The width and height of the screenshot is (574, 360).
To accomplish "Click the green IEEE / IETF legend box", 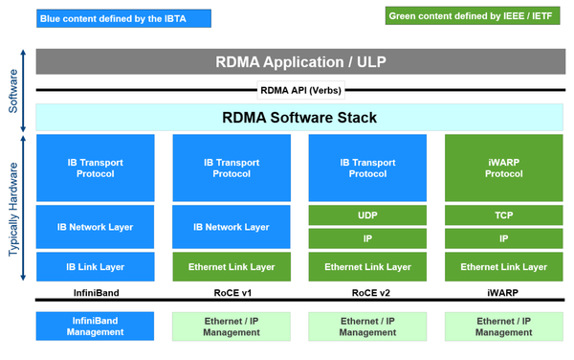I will [x=473, y=17].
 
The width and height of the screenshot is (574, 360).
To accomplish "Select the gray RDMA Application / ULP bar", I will [x=299, y=62].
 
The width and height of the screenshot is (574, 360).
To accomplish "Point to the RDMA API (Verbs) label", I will [x=299, y=91].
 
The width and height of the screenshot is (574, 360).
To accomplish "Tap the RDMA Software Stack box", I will [x=299, y=118].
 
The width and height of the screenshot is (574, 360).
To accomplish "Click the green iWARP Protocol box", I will [x=503, y=168].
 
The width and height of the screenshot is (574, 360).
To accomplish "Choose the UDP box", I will [x=367, y=216].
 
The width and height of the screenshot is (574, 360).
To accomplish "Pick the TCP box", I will [x=503, y=216].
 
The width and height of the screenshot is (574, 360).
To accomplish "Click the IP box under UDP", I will [x=367, y=238].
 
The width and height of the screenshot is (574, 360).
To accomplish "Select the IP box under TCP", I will [x=503, y=238].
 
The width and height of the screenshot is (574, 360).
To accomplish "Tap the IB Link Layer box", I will [x=95, y=266].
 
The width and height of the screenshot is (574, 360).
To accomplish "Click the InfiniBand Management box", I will [x=95, y=326].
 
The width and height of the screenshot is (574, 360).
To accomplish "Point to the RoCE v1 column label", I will [x=231, y=290].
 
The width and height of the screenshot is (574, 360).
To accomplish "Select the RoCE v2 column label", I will [x=367, y=290].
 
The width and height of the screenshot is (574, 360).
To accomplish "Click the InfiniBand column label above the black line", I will [x=95, y=290].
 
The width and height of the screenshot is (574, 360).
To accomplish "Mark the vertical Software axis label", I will [x=13, y=91].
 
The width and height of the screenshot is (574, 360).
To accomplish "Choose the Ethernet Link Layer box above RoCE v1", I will [x=231, y=266].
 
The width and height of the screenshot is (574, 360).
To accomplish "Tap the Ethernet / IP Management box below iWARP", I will [x=503, y=326].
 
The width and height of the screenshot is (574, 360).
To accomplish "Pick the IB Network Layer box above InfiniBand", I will [x=95, y=227].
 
